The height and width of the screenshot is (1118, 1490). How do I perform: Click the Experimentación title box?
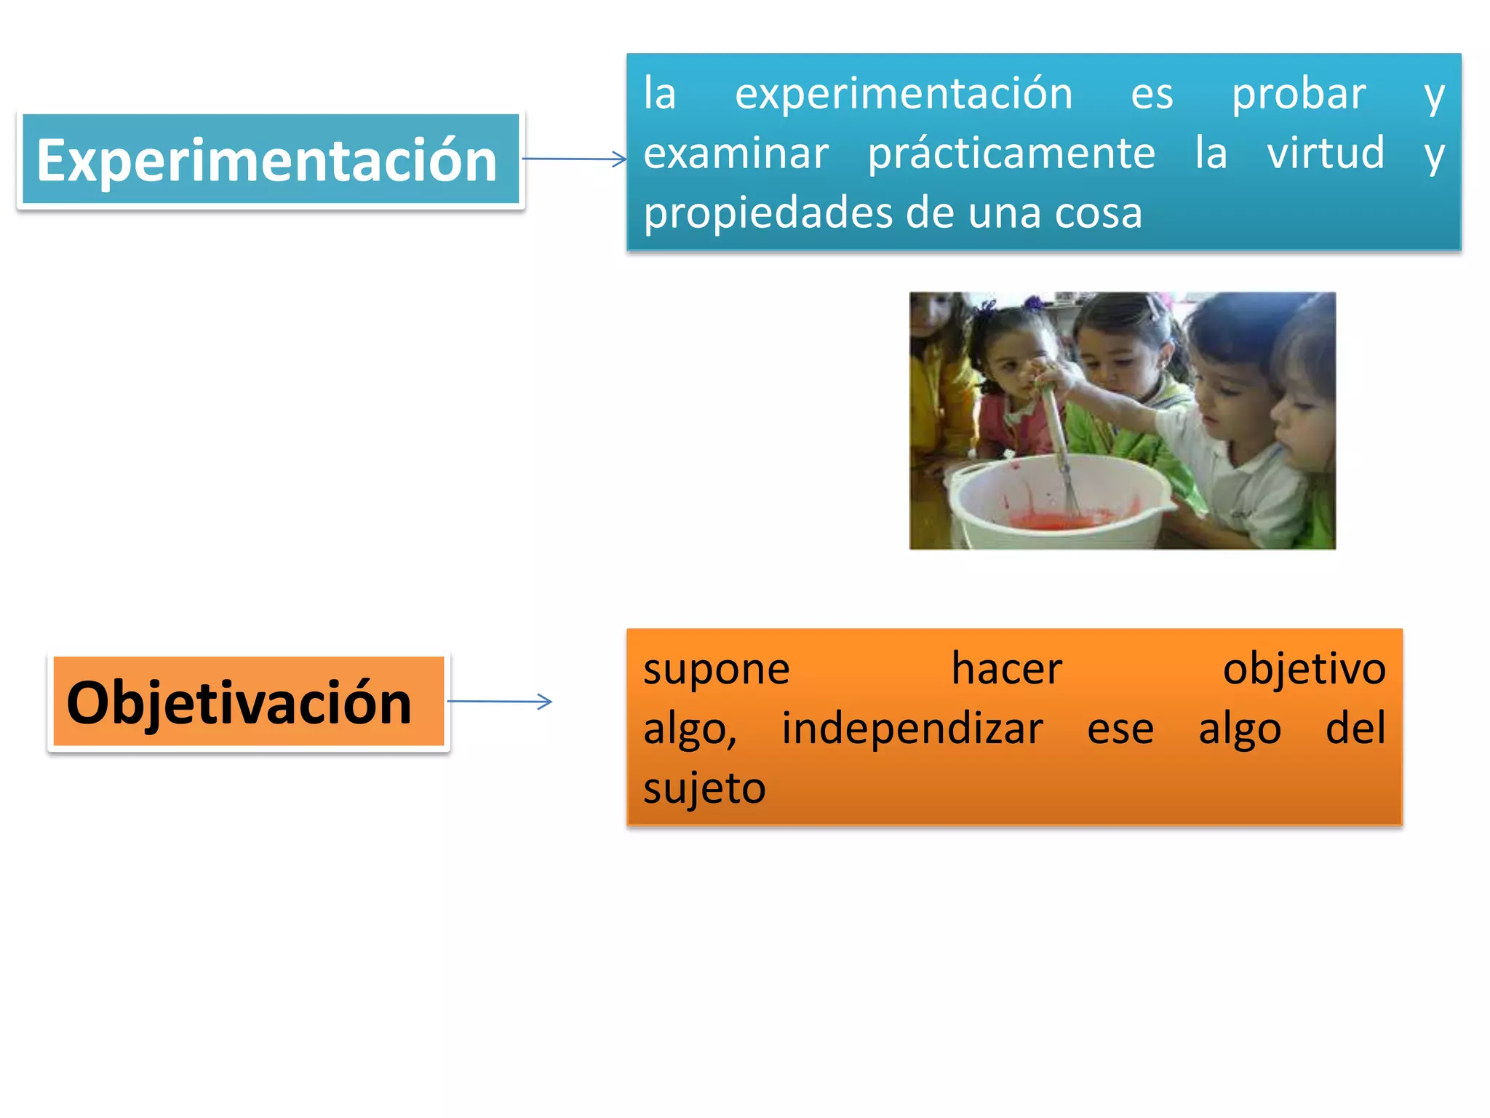click(x=270, y=159)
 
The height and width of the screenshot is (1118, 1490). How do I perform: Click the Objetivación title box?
click(x=248, y=702)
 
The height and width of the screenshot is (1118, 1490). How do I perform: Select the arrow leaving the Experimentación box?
click(x=574, y=159)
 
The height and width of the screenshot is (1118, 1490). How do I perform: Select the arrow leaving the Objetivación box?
click(x=500, y=702)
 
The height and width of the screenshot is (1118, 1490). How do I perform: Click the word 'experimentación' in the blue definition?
click(x=904, y=94)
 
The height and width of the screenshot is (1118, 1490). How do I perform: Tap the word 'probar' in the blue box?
click(x=1299, y=94)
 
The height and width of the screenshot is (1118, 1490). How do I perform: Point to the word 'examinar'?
click(x=736, y=154)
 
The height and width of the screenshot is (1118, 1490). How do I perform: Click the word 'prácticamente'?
click(x=1011, y=154)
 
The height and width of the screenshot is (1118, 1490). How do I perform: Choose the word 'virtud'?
click(x=1326, y=154)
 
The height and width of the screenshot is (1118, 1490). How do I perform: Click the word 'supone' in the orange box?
click(x=716, y=669)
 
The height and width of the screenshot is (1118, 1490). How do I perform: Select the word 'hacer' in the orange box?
click(x=1007, y=669)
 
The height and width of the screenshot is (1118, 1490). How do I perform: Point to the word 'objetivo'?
click(x=1304, y=669)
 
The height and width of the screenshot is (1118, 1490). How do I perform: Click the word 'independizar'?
click(x=912, y=729)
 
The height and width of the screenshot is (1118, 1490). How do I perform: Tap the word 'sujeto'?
click(x=704, y=788)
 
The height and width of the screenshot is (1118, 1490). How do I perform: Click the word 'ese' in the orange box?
click(x=1120, y=729)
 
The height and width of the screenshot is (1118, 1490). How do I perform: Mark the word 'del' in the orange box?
click(x=1355, y=729)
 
